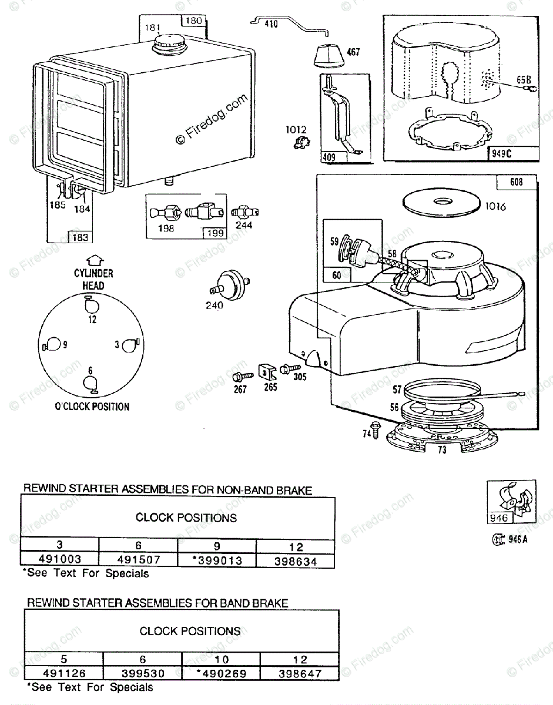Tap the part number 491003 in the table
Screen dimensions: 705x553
pyautogui.click(x=59, y=560)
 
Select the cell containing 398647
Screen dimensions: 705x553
pyautogui.click(x=300, y=673)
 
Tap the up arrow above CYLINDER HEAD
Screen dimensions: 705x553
pyautogui.click(x=93, y=260)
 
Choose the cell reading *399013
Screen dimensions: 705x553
pyautogui.click(x=216, y=560)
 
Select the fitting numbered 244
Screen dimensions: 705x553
pyautogui.click(x=245, y=212)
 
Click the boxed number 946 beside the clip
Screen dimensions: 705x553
pyautogui.click(x=497, y=518)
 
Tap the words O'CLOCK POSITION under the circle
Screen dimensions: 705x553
pyautogui.click(x=92, y=406)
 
